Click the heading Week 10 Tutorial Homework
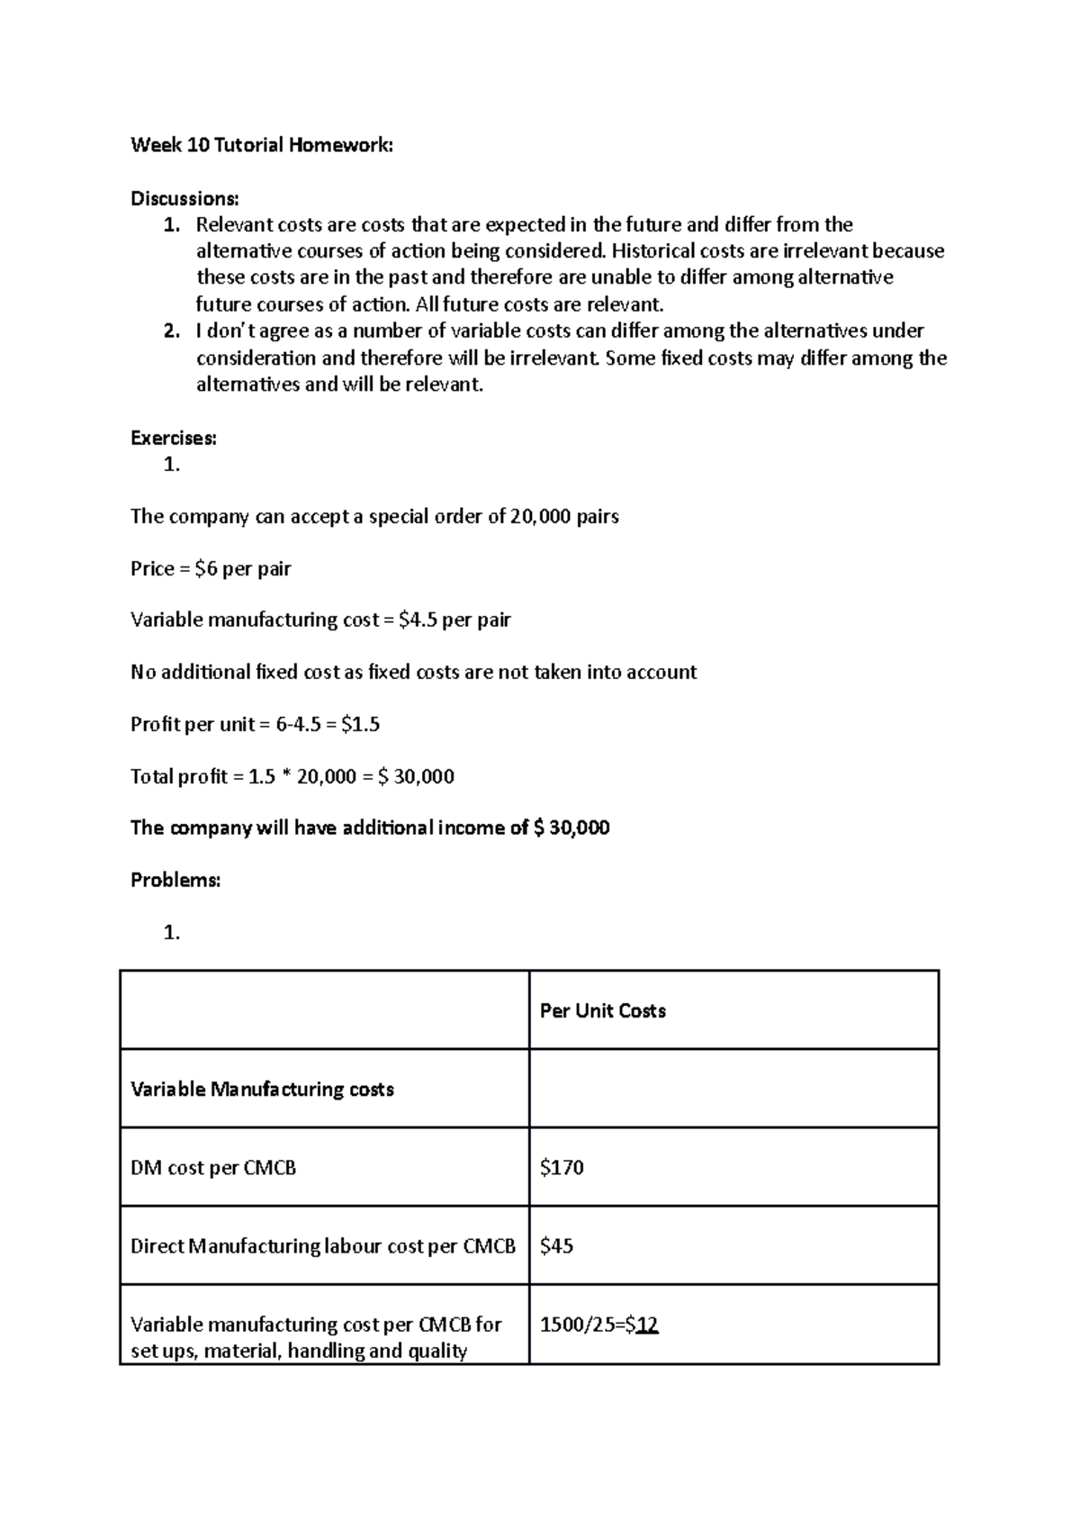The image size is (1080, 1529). [261, 145]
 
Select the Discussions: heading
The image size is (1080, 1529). [184, 198]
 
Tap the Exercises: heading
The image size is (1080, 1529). [174, 439]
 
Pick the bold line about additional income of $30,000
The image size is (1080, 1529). [370, 828]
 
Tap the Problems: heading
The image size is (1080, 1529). [175, 881]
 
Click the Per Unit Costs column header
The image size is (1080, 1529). [602, 1011]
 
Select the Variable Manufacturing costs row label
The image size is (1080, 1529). [262, 1090]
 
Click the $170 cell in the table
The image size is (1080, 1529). [562, 1168]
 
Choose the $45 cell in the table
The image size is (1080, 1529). [556, 1246]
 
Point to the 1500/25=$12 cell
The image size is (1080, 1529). [598, 1325]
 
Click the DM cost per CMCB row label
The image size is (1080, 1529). [213, 1168]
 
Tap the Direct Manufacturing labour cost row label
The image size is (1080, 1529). [322, 1246]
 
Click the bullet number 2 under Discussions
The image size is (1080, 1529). [171, 331]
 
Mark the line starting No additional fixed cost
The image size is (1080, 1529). [413, 673]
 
